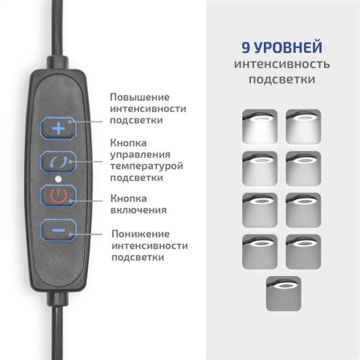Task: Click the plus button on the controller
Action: click(58, 127)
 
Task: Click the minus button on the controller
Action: click(58, 230)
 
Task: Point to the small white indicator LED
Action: click(58, 178)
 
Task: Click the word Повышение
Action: click(139, 96)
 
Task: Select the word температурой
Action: click(148, 165)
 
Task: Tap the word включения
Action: click(138, 210)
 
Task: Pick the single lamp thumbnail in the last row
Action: click(282, 293)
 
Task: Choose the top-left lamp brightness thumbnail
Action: click(258, 126)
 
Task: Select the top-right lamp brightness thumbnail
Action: click(303, 126)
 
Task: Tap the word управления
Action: click(138, 154)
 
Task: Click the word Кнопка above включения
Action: click(129, 198)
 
